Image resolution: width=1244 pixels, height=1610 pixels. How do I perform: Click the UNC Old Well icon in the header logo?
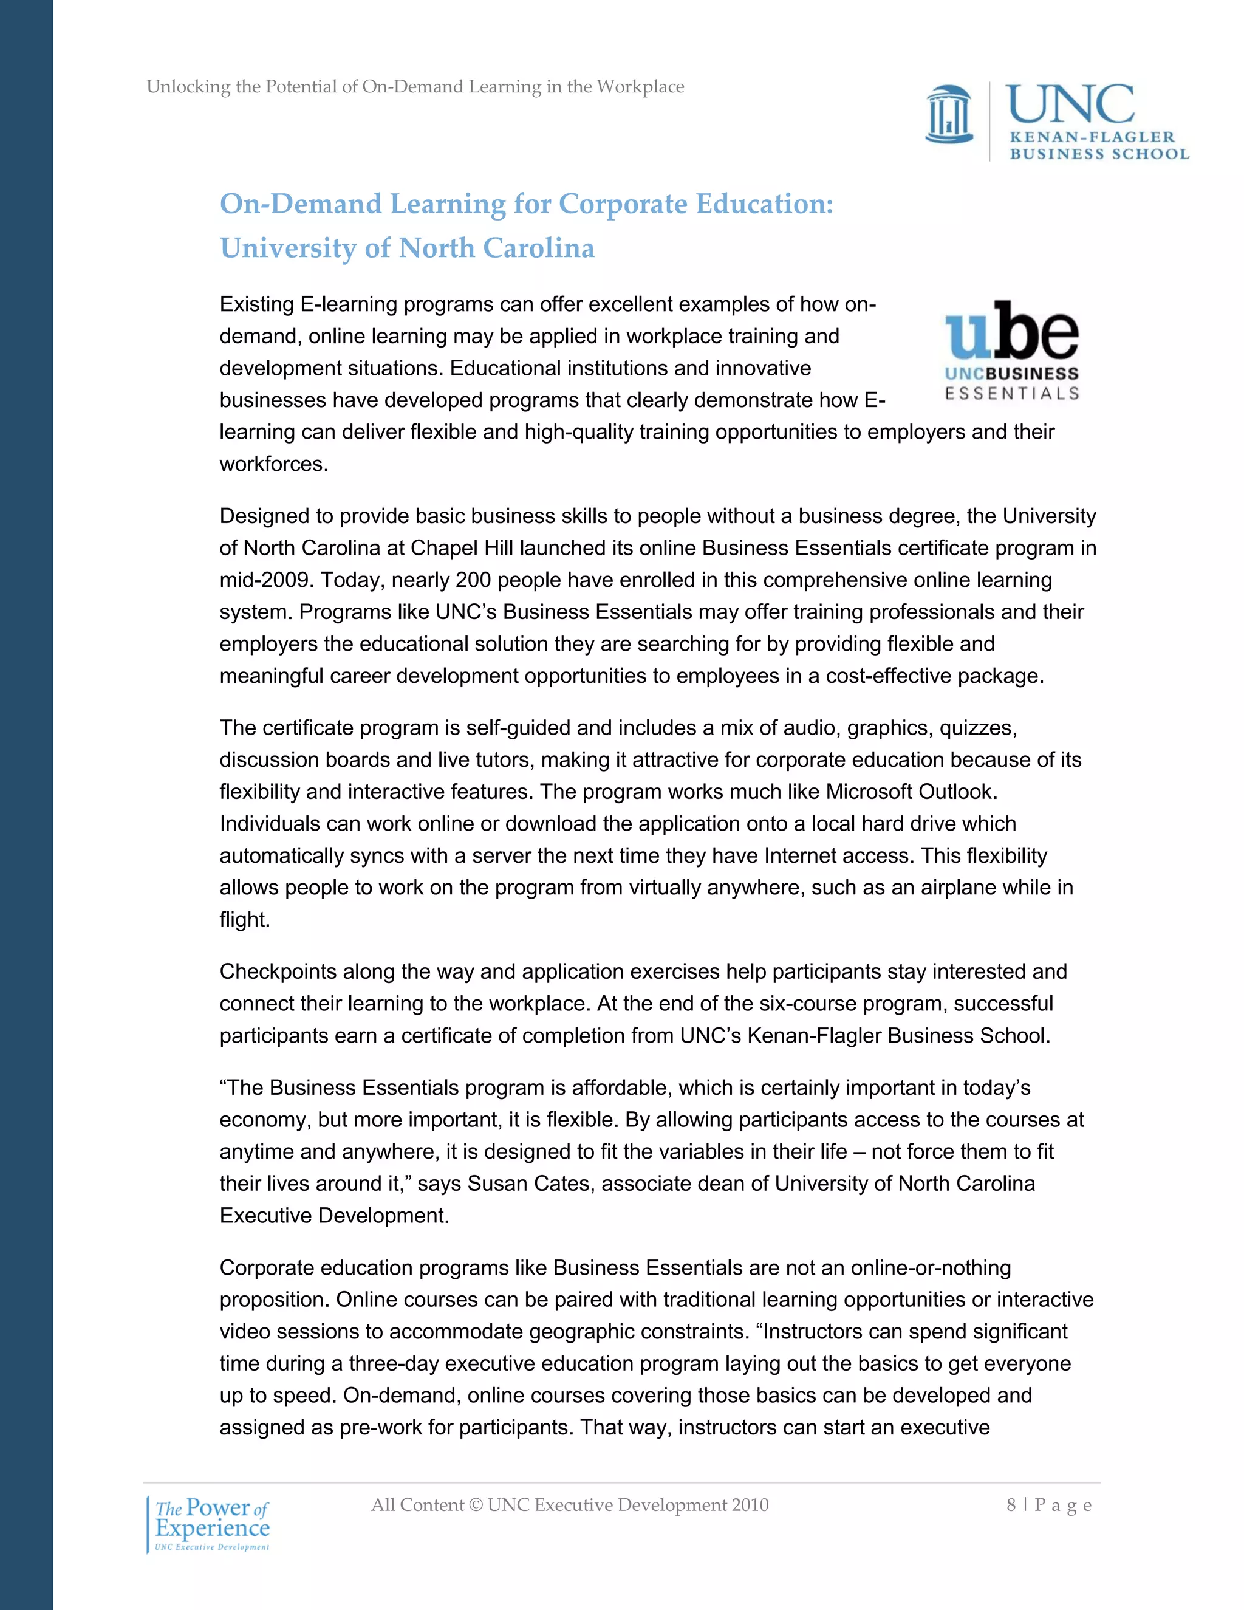(x=949, y=114)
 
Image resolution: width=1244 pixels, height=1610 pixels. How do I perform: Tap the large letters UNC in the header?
(x=1070, y=104)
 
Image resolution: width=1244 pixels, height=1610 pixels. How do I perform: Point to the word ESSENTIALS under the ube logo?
(x=1012, y=394)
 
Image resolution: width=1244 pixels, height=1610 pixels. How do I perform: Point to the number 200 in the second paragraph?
(x=473, y=580)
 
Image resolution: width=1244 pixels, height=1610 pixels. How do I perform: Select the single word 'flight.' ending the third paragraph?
(x=245, y=920)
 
